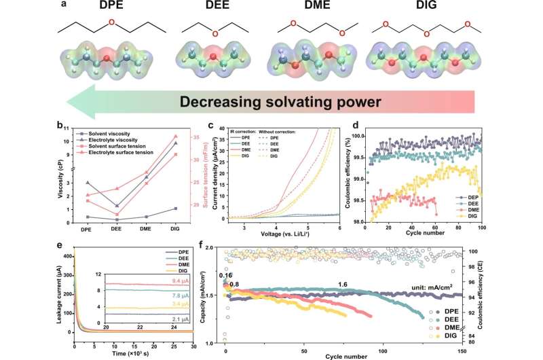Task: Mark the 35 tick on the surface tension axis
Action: point(192,137)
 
